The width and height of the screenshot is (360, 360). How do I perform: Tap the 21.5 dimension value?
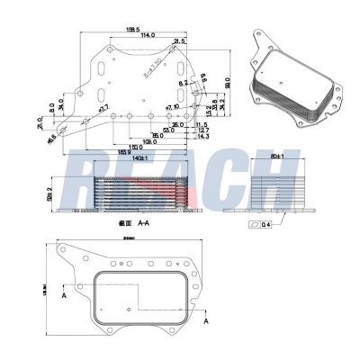(179, 40)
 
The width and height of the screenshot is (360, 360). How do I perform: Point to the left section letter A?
(65, 294)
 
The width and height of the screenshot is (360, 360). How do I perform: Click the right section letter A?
(206, 319)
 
